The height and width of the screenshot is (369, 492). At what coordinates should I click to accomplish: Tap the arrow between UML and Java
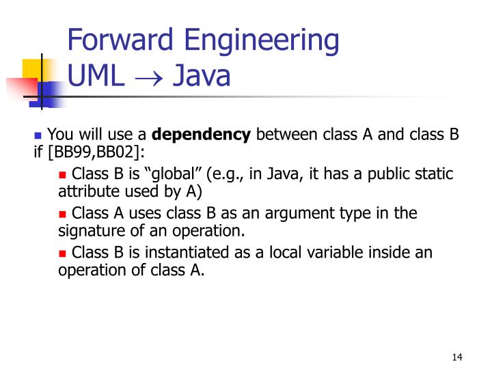click(148, 77)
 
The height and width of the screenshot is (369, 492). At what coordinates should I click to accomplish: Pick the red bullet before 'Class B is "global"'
click(63, 174)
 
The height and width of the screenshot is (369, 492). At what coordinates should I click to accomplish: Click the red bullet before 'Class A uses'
click(63, 213)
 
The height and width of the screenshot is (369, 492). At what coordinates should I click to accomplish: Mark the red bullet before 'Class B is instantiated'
click(63, 253)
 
